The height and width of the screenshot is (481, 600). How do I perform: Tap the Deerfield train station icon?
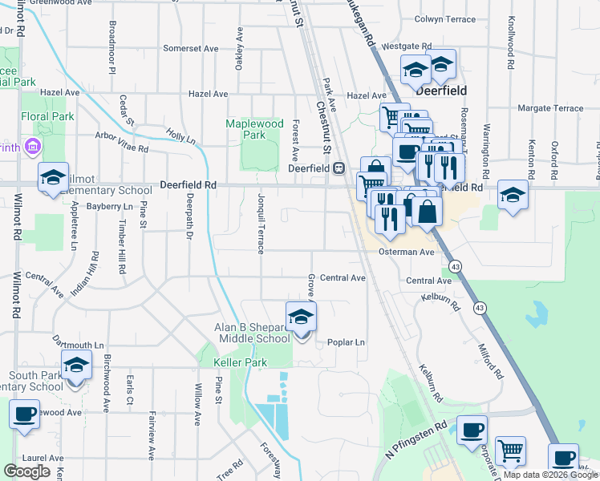[x=339, y=168]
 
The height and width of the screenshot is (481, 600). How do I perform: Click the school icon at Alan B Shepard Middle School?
[x=302, y=317]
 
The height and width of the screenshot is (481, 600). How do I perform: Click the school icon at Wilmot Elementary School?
[x=54, y=178]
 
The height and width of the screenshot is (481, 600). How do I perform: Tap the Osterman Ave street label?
[x=406, y=252]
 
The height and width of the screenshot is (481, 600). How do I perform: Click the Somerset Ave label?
[x=191, y=48]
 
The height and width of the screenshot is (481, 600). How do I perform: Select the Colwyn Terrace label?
[x=445, y=18]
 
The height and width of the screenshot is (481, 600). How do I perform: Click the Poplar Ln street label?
[x=346, y=342]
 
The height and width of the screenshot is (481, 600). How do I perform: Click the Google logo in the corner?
[x=26, y=471]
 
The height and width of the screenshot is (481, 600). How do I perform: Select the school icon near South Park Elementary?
[x=75, y=366]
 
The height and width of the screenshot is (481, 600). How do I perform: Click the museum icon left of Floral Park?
[x=33, y=147]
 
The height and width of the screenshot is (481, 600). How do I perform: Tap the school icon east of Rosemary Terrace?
[x=513, y=195]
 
